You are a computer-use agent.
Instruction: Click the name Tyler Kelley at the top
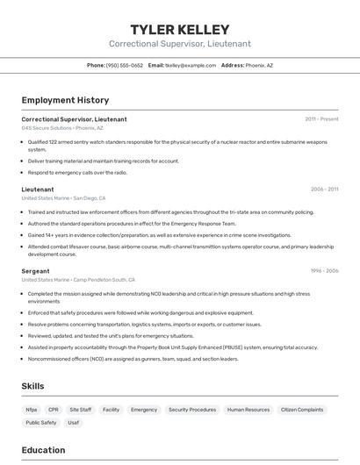click(x=179, y=29)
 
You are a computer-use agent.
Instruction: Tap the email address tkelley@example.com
click(x=191, y=65)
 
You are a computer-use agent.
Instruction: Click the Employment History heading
click(x=65, y=100)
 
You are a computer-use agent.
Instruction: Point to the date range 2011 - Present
click(x=321, y=118)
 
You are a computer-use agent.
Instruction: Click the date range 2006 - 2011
click(x=324, y=189)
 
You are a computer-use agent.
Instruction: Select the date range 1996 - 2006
click(x=324, y=271)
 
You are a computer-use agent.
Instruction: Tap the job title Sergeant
click(x=35, y=271)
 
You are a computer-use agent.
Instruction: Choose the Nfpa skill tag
click(x=32, y=409)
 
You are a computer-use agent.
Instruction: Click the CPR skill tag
click(x=54, y=409)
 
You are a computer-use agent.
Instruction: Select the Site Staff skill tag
click(x=81, y=409)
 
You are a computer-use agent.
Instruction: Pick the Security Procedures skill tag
click(x=192, y=409)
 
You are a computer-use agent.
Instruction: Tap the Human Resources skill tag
click(x=248, y=409)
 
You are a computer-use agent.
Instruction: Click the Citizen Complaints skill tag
click(x=302, y=409)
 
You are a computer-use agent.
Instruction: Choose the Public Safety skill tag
click(x=41, y=422)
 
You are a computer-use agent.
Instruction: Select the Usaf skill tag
click(x=74, y=422)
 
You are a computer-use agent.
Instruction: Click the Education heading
click(x=43, y=450)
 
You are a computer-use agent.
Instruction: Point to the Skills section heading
click(x=33, y=386)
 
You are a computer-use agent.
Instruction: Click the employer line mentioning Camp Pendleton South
click(x=79, y=280)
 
